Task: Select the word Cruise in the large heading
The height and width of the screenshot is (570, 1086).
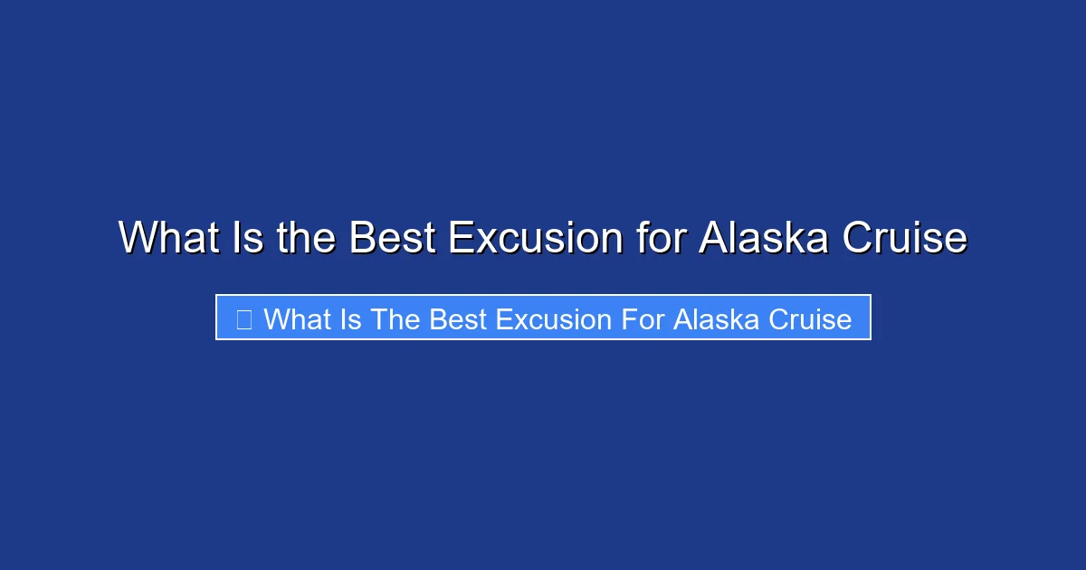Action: click(905, 239)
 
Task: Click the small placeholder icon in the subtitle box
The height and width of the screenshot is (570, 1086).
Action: click(243, 319)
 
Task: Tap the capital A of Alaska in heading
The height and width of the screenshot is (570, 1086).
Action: click(713, 239)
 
